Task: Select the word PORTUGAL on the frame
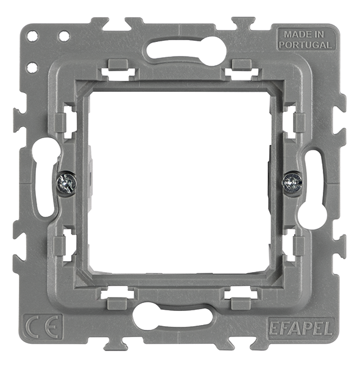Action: point(306,44)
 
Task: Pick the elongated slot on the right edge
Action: point(315,189)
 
